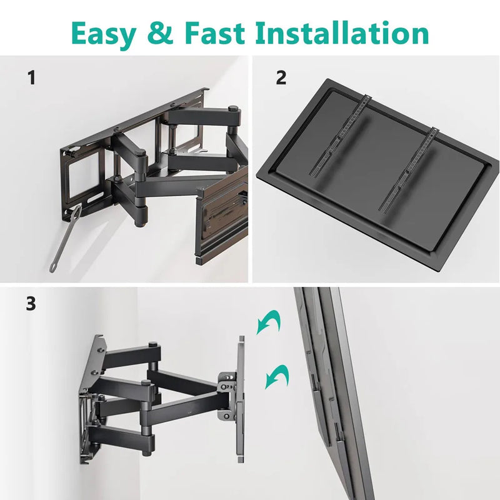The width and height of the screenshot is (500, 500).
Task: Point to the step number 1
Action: click(x=31, y=79)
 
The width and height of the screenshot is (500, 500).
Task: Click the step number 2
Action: click(x=281, y=79)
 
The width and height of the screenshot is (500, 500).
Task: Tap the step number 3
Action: click(x=31, y=304)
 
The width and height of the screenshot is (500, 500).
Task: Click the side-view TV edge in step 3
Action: click(x=331, y=387)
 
